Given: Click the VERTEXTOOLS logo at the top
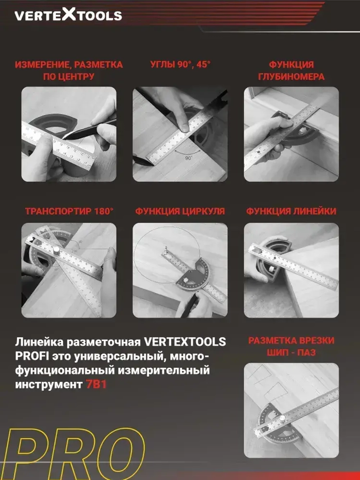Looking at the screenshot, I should coord(68,15).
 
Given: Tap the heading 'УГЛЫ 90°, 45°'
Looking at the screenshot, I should coord(180,64).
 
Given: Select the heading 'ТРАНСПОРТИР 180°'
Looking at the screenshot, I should coord(69,211).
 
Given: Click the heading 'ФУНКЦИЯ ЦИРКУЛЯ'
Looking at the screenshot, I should coord(180,211).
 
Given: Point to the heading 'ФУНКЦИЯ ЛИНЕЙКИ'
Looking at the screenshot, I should coord(291,211).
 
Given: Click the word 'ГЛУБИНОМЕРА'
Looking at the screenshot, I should coord(291,77).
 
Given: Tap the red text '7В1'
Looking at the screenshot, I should coord(96,385).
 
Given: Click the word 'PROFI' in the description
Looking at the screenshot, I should coord(32,356).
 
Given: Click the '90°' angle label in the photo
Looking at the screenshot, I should coord(189,158).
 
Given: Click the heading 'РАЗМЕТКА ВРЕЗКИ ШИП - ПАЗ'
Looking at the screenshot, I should coord(291,346).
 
